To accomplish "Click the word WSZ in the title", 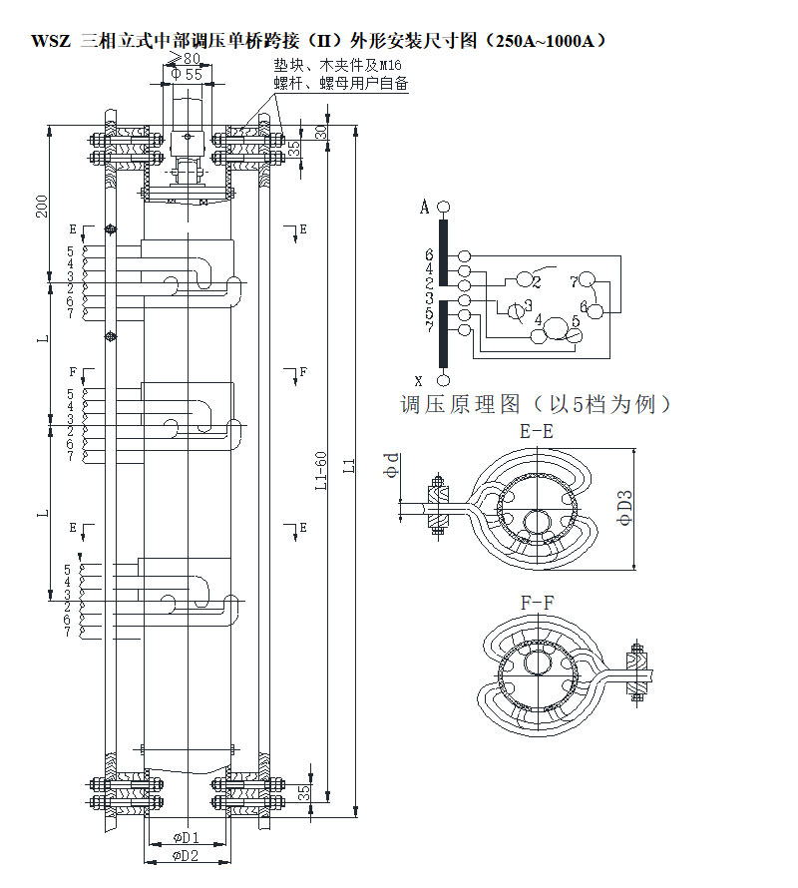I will tap(50, 42).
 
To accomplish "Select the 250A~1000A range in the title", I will tap(540, 42).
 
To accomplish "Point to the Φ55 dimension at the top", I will tap(186, 73).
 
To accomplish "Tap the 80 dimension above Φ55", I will tap(190, 59).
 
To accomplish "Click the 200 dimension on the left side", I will tap(41, 205).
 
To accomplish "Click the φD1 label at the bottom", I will tap(186, 836).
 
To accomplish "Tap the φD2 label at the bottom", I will tap(186, 855).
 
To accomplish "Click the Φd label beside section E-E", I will tap(394, 465).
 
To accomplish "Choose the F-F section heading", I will tap(539, 603).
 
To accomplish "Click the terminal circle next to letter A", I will tap(444, 208).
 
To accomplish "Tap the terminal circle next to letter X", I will tap(444, 380).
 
